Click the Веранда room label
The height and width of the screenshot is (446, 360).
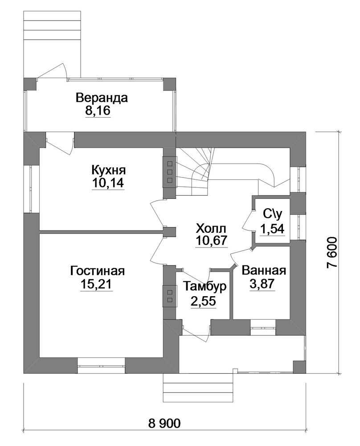(x=102, y=98)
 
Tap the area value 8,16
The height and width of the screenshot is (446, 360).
(x=98, y=111)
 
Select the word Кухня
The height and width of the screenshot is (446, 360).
(x=109, y=170)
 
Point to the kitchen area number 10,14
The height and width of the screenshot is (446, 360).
(x=108, y=183)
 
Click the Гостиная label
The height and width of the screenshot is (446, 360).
(x=98, y=271)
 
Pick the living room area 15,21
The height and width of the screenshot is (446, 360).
(x=97, y=284)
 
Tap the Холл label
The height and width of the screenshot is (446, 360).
(x=212, y=228)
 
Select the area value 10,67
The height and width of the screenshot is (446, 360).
(x=212, y=241)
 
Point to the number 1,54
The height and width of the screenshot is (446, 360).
(x=273, y=228)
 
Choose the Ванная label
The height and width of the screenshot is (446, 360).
(x=264, y=271)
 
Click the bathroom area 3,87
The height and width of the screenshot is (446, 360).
(x=262, y=284)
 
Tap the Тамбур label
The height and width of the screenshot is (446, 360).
(x=205, y=286)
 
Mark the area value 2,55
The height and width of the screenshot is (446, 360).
(x=204, y=301)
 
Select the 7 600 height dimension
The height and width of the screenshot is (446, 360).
(x=332, y=252)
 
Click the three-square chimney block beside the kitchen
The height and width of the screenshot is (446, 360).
(x=170, y=172)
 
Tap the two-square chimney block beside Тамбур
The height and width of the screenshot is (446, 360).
(x=170, y=296)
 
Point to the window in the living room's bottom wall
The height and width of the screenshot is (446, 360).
(x=101, y=366)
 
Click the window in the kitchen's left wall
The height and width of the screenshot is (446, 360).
(x=31, y=189)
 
